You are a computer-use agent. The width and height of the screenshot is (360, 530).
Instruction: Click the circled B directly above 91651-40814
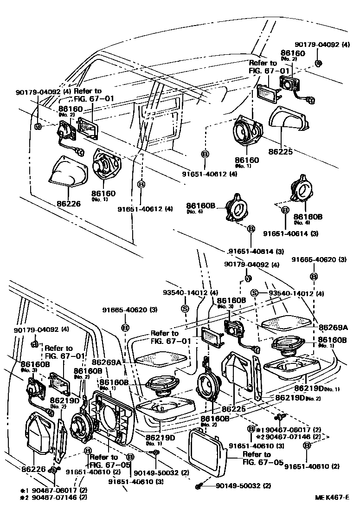pyautogui.click(x=251, y=229)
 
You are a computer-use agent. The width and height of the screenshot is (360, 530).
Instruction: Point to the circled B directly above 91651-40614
pyautogui.click(x=286, y=211)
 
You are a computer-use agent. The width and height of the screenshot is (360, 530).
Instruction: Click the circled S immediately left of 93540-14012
pyautogui.click(x=254, y=293)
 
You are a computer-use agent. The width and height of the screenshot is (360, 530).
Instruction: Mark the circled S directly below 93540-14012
pyautogui.click(x=184, y=308)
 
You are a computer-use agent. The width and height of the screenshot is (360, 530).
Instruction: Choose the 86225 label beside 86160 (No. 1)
pyautogui.click(x=280, y=151)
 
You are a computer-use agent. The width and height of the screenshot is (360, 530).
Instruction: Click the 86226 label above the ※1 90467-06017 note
pyautogui.click(x=33, y=469)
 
